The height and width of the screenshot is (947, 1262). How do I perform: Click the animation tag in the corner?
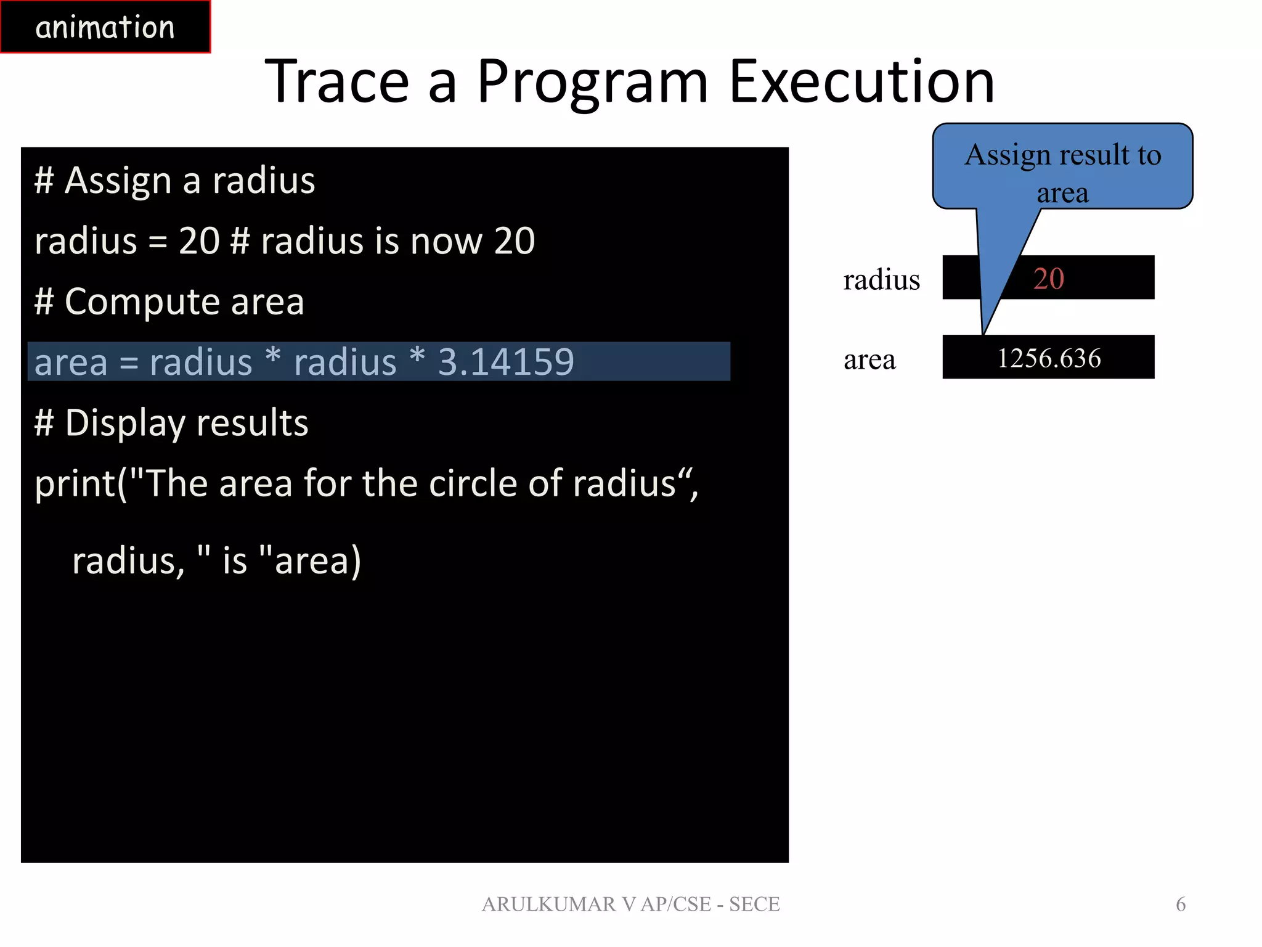[x=105, y=27]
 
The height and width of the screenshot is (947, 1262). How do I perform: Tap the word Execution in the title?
[x=861, y=81]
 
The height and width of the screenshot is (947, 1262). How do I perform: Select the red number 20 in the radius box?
[x=1048, y=279]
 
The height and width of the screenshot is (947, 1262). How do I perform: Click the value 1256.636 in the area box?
[x=1048, y=358]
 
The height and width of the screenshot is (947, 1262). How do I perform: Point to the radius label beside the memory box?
[x=881, y=280]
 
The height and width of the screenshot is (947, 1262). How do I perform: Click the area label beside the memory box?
[x=869, y=359]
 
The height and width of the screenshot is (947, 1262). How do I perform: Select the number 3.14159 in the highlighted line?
[x=505, y=362]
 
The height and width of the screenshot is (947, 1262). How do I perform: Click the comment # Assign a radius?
[x=174, y=181]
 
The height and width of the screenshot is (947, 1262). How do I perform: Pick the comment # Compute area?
[x=169, y=301]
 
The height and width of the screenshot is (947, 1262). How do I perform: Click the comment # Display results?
[x=171, y=423]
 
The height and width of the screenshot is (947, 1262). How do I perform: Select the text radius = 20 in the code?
[x=127, y=240]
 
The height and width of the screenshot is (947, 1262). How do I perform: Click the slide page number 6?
[x=1180, y=904]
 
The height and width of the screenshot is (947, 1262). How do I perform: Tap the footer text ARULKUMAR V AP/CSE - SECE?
[x=630, y=904]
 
